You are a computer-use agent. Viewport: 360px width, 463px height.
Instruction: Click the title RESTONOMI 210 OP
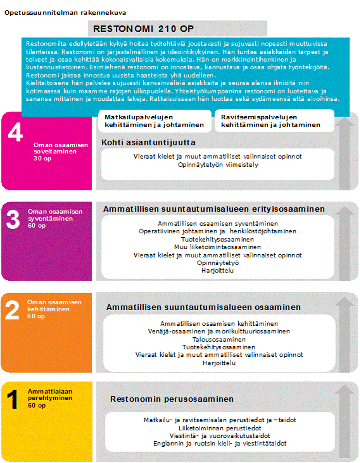coord(143,29)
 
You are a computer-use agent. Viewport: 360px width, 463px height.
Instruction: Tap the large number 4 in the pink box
coord(15,134)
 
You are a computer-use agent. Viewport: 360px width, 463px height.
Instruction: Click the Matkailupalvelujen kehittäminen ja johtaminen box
coord(154,121)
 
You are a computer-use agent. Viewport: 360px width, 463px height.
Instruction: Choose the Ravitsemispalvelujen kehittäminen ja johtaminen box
coord(271,121)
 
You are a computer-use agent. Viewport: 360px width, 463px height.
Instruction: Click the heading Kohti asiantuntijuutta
coord(148,142)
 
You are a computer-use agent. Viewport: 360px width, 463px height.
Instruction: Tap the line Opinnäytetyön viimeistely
coord(218,164)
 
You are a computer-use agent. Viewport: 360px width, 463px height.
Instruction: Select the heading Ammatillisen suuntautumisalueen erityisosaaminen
coord(214,209)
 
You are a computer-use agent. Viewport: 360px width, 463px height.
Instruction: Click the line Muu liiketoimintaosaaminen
coord(218,247)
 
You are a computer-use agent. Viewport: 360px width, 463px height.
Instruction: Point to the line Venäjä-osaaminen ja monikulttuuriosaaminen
coord(219,331)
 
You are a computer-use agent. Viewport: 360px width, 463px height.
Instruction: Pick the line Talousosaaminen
coord(219,339)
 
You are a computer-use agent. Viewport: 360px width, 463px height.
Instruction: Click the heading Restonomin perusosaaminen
coord(172,399)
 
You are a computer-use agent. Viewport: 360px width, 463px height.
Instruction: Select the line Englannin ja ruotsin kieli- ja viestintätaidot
coord(220,443)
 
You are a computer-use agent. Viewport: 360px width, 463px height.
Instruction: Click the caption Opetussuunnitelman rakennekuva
coord(65,12)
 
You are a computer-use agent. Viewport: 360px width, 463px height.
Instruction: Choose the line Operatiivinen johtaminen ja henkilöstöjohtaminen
coord(218,231)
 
